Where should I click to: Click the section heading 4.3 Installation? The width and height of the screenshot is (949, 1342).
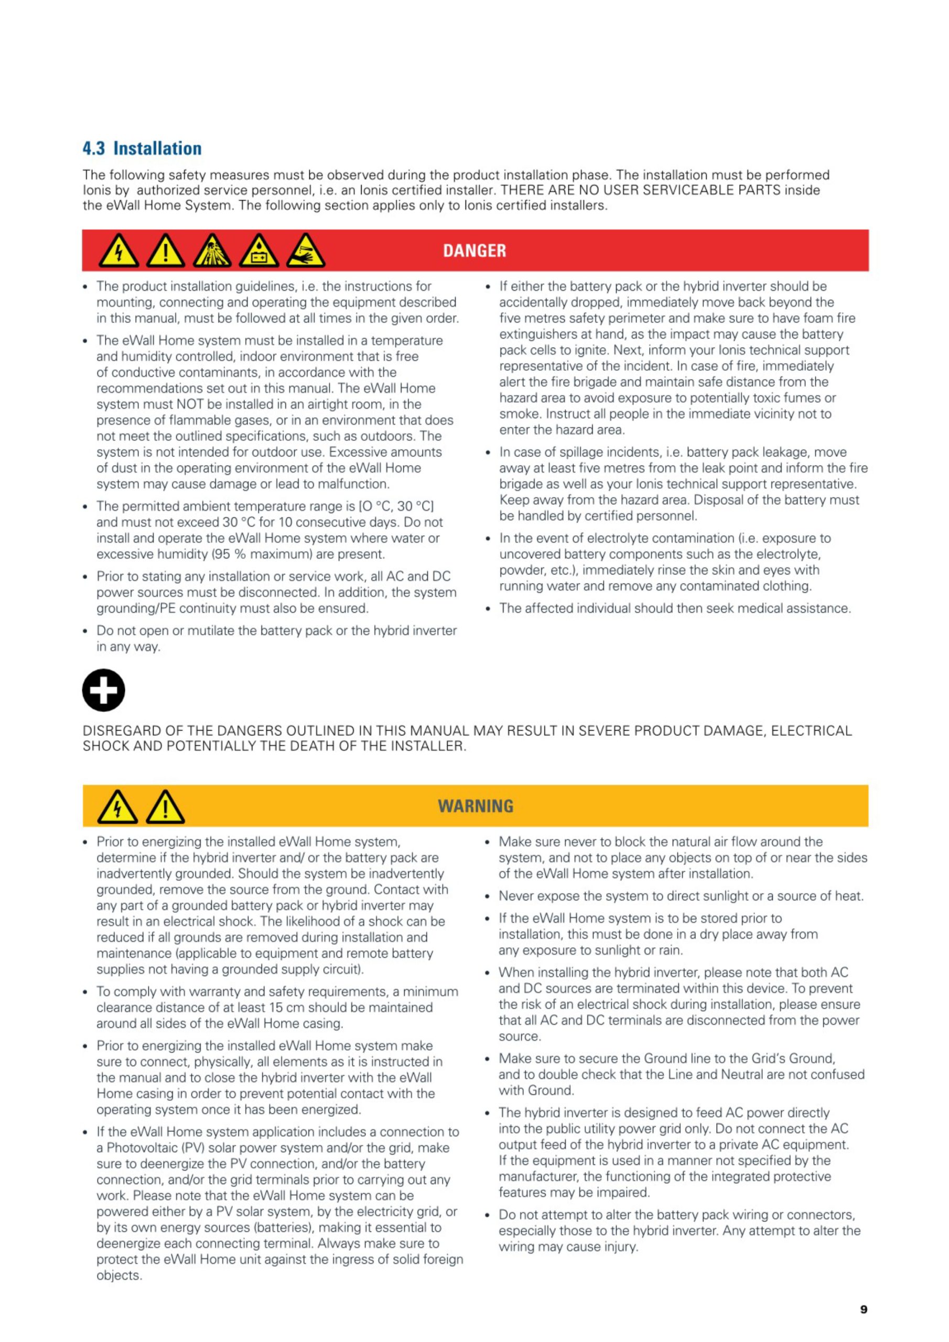point(142,148)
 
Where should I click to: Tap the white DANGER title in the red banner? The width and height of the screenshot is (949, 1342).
point(474,251)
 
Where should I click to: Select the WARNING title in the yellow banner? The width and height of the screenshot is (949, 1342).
point(476,806)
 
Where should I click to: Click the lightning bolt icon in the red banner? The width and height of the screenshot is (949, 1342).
point(118,251)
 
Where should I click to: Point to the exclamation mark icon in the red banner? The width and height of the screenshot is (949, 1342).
point(166,251)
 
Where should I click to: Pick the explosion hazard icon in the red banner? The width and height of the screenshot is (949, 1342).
point(212,251)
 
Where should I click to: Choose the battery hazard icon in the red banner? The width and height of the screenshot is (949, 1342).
point(259,251)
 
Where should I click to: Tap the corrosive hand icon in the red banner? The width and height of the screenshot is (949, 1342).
point(305,251)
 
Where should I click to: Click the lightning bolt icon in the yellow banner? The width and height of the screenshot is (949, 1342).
point(117,807)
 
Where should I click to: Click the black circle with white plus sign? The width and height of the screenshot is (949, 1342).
point(103,690)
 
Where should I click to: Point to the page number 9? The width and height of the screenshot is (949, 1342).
point(864,1309)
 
